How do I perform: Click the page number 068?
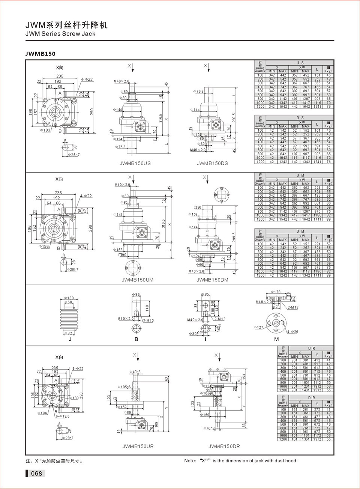(x=36, y=473)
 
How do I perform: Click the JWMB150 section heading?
(x=40, y=54)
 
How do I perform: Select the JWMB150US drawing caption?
(x=135, y=163)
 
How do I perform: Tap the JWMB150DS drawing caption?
(x=212, y=163)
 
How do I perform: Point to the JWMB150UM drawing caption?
(x=138, y=280)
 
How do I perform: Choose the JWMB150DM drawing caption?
(x=212, y=280)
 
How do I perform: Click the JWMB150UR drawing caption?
(x=138, y=446)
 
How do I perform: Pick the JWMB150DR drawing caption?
(x=224, y=446)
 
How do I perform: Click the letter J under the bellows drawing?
(x=70, y=339)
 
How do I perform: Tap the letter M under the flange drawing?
(x=276, y=339)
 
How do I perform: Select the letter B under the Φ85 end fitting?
(x=136, y=339)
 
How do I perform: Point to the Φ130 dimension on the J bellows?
(x=69, y=298)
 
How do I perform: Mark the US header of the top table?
(x=300, y=63)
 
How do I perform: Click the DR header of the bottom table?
(x=311, y=397)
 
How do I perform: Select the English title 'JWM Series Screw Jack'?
(x=60, y=34)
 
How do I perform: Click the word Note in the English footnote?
(x=190, y=461)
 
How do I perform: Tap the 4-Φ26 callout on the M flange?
(x=292, y=332)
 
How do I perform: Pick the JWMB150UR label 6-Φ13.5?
(x=62, y=416)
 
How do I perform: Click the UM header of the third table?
(x=300, y=175)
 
